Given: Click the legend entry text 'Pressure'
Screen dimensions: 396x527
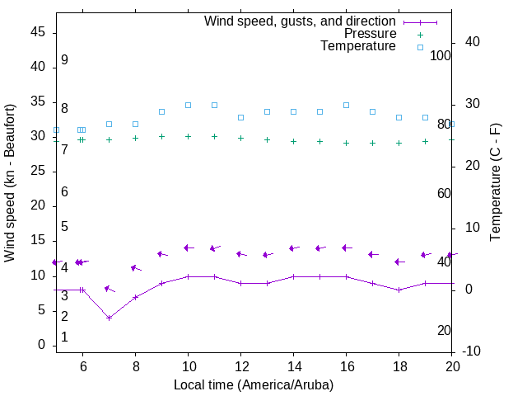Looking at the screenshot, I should pyautogui.click(x=370, y=34).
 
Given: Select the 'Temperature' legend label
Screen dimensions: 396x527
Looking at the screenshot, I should pyautogui.click(x=358, y=46).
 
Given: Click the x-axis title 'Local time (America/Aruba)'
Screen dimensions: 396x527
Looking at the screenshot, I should pyautogui.click(x=254, y=384).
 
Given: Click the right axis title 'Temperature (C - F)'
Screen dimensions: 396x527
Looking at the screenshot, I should pyautogui.click(x=495, y=183).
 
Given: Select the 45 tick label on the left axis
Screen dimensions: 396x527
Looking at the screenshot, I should pyautogui.click(x=38, y=33).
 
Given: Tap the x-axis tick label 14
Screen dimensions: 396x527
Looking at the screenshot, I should pyautogui.click(x=293, y=365).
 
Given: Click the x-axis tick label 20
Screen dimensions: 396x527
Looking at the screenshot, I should pyautogui.click(x=451, y=365).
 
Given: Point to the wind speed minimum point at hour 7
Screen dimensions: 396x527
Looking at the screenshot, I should pyautogui.click(x=109, y=318).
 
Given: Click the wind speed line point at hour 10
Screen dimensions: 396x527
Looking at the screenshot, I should pyautogui.click(x=188, y=276).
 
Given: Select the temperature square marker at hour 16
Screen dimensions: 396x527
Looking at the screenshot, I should pyautogui.click(x=346, y=105).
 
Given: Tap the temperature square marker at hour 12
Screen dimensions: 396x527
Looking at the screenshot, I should pyautogui.click(x=240, y=117).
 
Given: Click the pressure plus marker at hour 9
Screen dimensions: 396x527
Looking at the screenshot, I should pyautogui.click(x=161, y=137).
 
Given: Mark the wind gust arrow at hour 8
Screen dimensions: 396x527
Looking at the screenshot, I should pyautogui.click(x=135, y=268).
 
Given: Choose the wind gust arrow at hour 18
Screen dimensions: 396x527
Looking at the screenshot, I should pyautogui.click(x=399, y=262).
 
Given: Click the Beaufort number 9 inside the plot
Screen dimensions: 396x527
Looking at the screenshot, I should pyautogui.click(x=64, y=60).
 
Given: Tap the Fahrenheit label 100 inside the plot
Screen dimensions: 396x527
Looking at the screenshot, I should pyautogui.click(x=441, y=55).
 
